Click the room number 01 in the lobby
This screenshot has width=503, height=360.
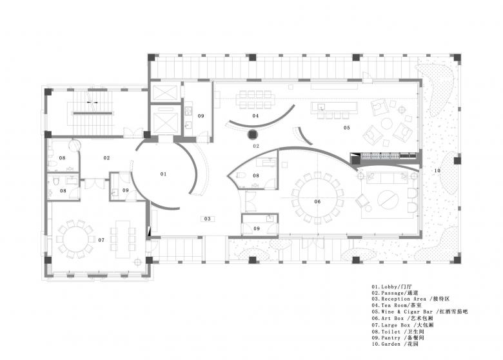pos(163,174)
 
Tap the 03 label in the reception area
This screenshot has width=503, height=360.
pos(208,219)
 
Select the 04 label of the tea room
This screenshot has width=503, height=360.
pos(255,115)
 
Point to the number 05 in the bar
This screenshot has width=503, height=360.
pos(347,127)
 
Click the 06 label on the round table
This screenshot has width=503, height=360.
pos(317,201)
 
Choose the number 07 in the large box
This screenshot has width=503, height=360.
pos(101,240)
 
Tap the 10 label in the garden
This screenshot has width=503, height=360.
pos(437,171)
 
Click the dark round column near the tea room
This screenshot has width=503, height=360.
pos(252,134)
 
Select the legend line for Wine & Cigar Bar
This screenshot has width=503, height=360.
pos(420,312)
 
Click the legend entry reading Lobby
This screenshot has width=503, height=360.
pos(391,287)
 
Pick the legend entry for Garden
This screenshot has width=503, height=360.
pos(395,344)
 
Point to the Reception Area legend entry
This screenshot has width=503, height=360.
pos(411,299)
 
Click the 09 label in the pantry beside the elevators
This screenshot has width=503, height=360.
pos(201,116)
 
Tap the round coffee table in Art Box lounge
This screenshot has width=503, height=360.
pos(388,199)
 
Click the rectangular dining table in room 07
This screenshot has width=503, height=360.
pos(123,239)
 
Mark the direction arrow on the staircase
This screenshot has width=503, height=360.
pos(92,103)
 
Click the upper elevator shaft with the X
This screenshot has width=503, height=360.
pos(165,92)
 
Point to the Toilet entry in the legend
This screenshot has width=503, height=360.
pos(398,332)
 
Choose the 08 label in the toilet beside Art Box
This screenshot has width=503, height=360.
pos(255,175)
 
